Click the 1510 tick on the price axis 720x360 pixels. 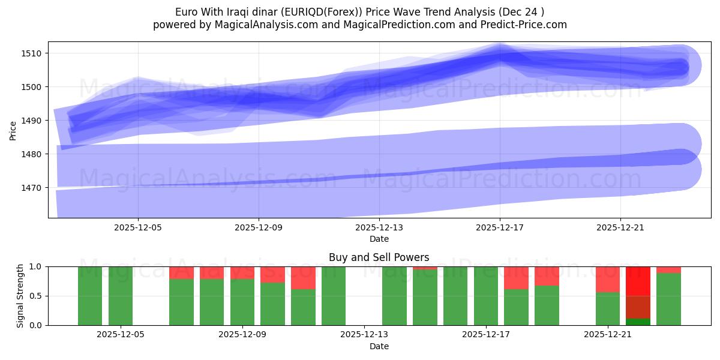[32, 53]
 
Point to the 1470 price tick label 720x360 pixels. [32, 188]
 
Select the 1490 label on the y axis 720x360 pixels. [32, 121]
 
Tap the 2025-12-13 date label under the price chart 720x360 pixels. [379, 228]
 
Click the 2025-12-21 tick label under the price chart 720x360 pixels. [620, 228]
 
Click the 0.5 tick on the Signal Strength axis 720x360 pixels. [37, 296]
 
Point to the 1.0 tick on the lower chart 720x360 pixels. [37, 266]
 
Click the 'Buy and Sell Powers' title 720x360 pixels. [379, 257]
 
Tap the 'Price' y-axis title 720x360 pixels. [13, 130]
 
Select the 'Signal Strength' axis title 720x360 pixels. [20, 296]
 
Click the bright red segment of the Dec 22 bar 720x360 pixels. [638, 281]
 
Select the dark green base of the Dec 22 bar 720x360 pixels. [638, 322]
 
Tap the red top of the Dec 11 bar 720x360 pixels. [303, 278]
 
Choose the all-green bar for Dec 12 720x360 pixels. [334, 296]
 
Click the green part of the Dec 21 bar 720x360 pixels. [607, 308]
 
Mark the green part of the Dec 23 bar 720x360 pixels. [668, 299]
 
